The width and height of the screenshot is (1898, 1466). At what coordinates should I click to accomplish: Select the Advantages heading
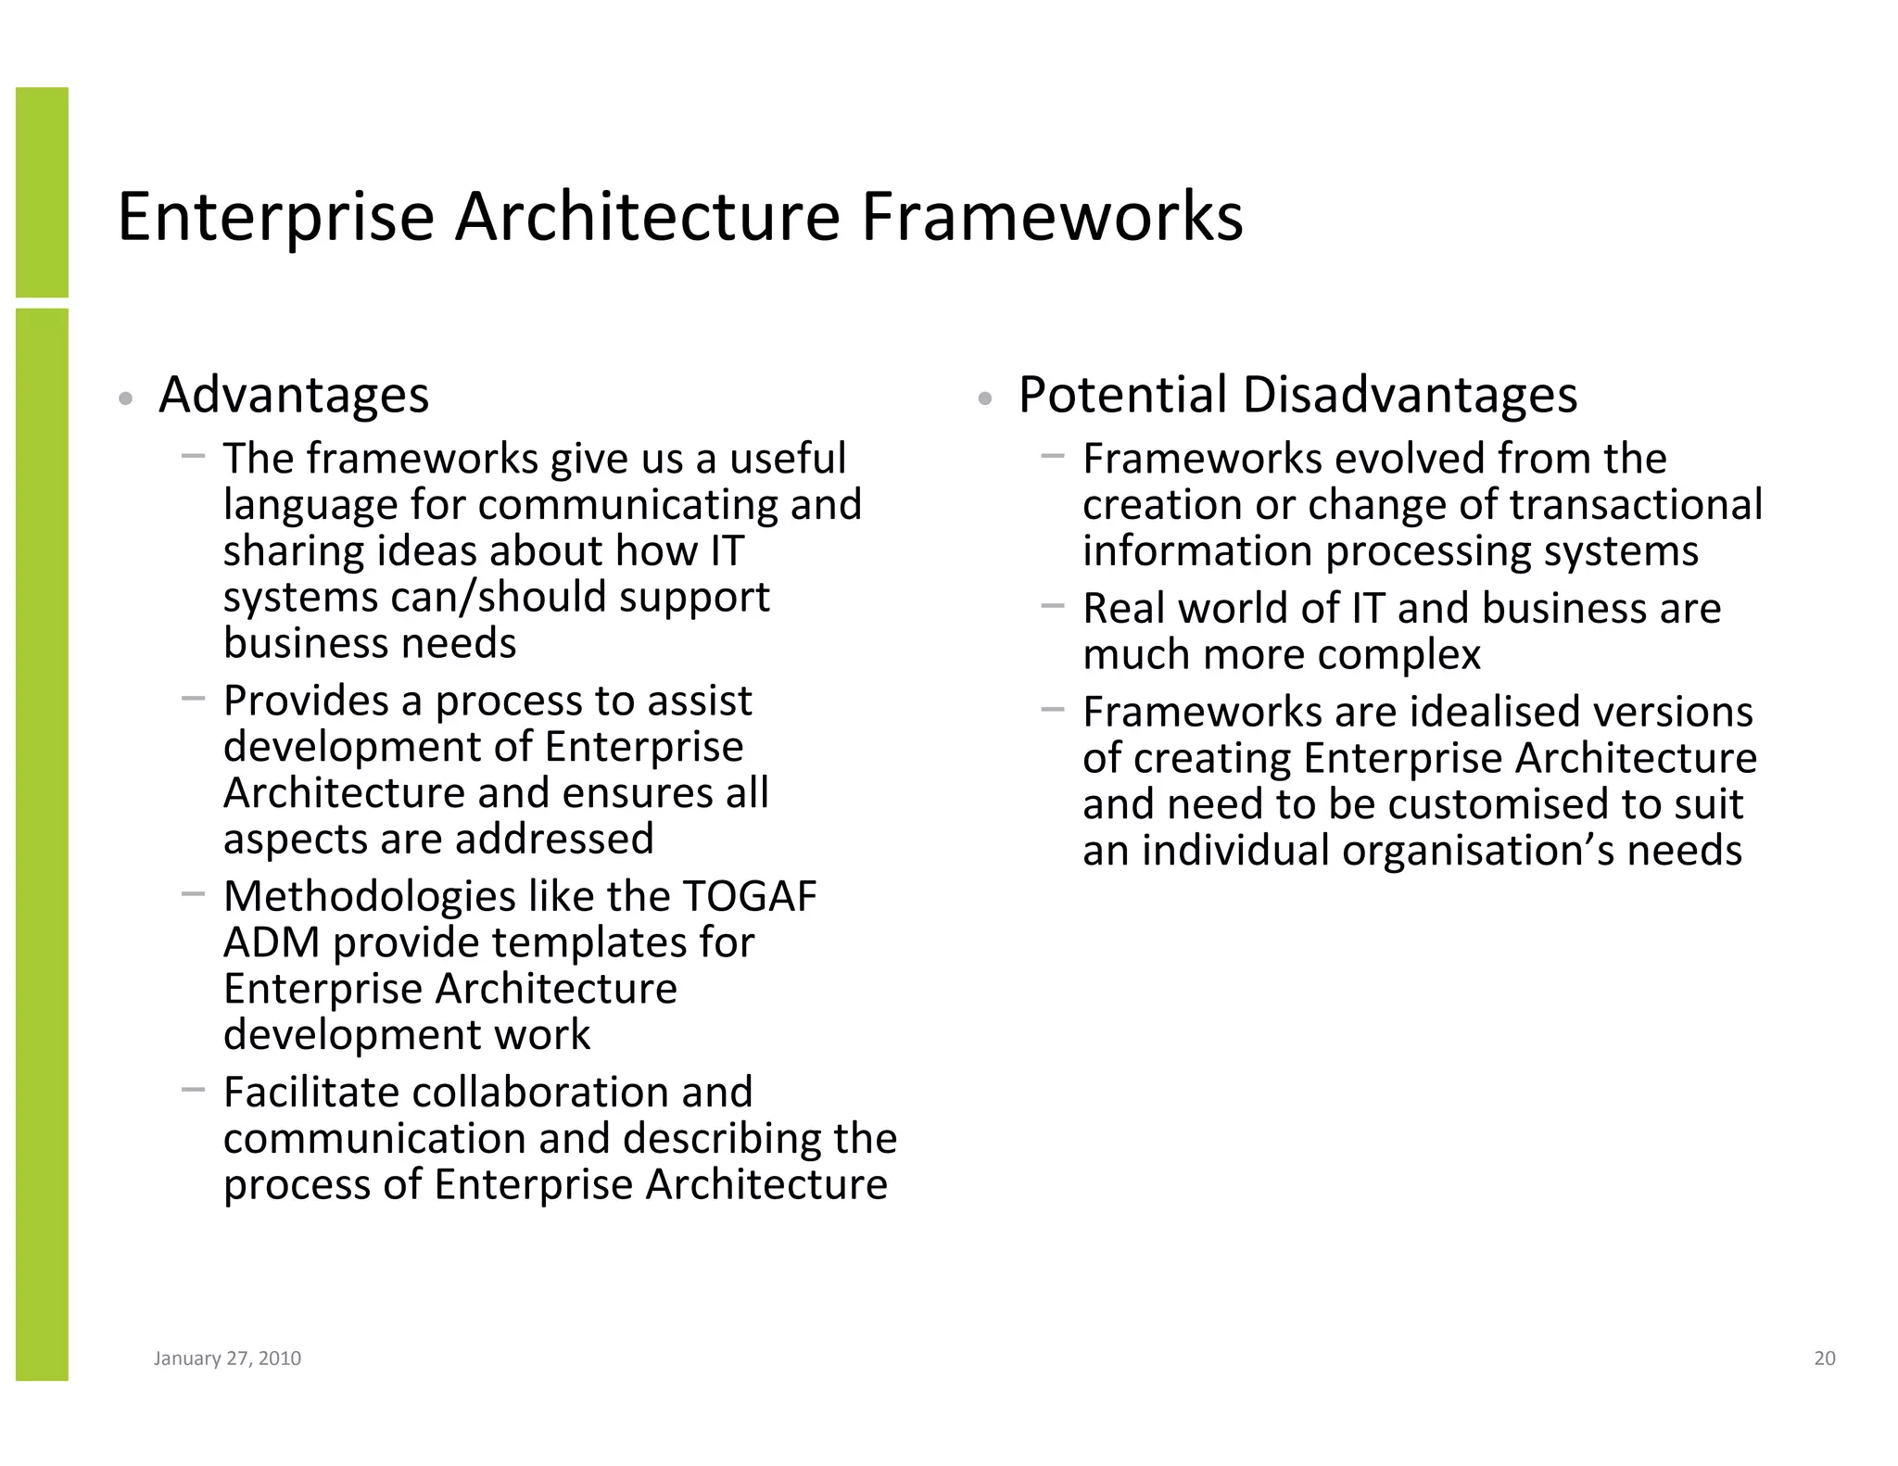pyautogui.click(x=294, y=395)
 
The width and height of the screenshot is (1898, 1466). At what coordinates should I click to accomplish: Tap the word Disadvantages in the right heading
pyautogui.click(x=1410, y=395)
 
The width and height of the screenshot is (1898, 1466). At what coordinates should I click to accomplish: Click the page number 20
pyautogui.click(x=1824, y=1359)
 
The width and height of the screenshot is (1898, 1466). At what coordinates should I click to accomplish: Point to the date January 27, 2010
pyautogui.click(x=227, y=1359)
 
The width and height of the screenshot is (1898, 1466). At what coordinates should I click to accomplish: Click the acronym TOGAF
pyautogui.click(x=750, y=896)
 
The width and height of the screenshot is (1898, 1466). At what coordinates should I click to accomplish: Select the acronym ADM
pyautogui.click(x=272, y=942)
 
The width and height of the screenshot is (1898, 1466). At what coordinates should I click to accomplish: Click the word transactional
pyautogui.click(x=1636, y=505)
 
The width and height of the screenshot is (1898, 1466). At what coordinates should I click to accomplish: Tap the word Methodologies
pyautogui.click(x=370, y=896)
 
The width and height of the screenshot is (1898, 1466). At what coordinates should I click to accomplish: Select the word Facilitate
pyautogui.click(x=311, y=1093)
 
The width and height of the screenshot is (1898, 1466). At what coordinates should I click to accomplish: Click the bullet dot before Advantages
pyautogui.click(x=126, y=399)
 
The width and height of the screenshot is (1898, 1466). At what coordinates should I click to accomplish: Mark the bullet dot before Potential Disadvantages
pyautogui.click(x=985, y=399)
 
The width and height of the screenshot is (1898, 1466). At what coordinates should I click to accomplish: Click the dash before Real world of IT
pyautogui.click(x=1052, y=607)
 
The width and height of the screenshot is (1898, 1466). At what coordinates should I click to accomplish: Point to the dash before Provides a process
pyautogui.click(x=193, y=699)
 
